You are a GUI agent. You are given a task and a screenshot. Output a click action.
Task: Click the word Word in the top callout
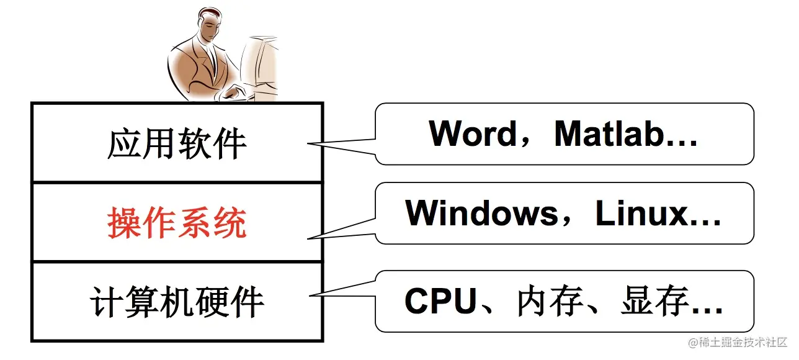[472, 133]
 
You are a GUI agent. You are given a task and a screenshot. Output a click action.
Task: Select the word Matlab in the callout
[610, 133]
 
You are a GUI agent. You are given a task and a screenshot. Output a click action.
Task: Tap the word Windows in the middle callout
[481, 213]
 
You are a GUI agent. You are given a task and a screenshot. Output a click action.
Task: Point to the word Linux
[641, 213]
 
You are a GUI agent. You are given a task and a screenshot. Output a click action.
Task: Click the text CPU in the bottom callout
[440, 301]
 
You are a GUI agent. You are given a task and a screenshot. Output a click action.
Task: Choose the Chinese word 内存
[550, 301]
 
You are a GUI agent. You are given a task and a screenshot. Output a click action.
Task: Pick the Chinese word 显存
[654, 301]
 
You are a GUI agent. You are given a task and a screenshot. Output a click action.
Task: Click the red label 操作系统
[177, 222]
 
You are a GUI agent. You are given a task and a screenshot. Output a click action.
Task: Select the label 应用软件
[177, 143]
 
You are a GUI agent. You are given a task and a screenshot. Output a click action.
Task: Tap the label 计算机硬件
[177, 302]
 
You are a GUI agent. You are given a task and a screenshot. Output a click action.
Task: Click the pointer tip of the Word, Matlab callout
[308, 144]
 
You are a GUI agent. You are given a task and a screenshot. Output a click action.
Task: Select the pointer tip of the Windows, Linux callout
[308, 239]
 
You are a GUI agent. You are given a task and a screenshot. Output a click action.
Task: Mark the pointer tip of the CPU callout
[310, 295]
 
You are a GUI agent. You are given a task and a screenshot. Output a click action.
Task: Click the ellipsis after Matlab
[682, 143]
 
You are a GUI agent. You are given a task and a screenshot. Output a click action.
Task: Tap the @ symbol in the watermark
[693, 343]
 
